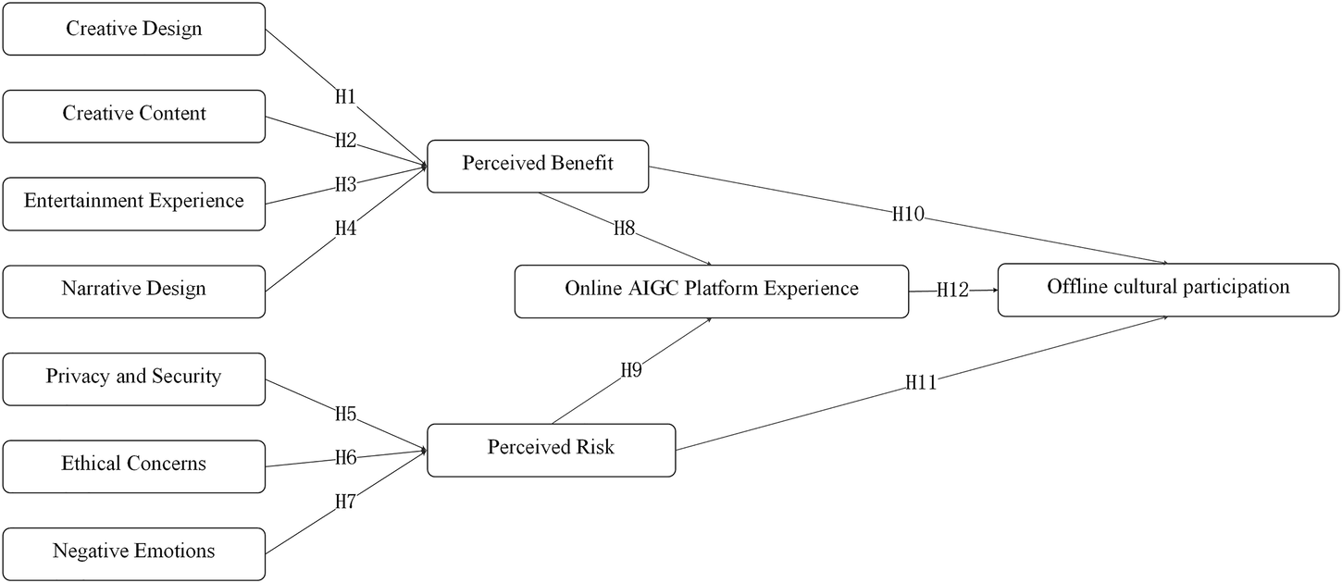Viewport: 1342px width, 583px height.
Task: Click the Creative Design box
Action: (134, 29)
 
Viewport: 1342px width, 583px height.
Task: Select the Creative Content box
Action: (134, 115)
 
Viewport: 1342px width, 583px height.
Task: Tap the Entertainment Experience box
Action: (134, 202)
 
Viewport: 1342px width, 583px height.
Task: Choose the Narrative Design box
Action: (134, 290)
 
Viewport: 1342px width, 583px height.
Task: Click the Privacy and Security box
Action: (134, 378)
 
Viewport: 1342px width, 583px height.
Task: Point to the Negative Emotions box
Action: (134, 552)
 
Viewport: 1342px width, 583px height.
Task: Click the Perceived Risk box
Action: (551, 449)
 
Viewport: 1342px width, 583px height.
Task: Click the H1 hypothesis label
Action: (345, 97)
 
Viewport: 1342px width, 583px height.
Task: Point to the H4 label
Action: (345, 228)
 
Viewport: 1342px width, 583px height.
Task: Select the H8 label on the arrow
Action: (625, 227)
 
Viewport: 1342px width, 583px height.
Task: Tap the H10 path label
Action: (908, 215)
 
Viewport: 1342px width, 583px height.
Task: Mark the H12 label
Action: (952, 291)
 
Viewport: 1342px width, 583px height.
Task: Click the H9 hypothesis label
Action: (630, 371)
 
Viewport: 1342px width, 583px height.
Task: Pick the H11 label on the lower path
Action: (921, 381)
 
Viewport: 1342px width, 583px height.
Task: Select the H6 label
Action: (345, 456)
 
